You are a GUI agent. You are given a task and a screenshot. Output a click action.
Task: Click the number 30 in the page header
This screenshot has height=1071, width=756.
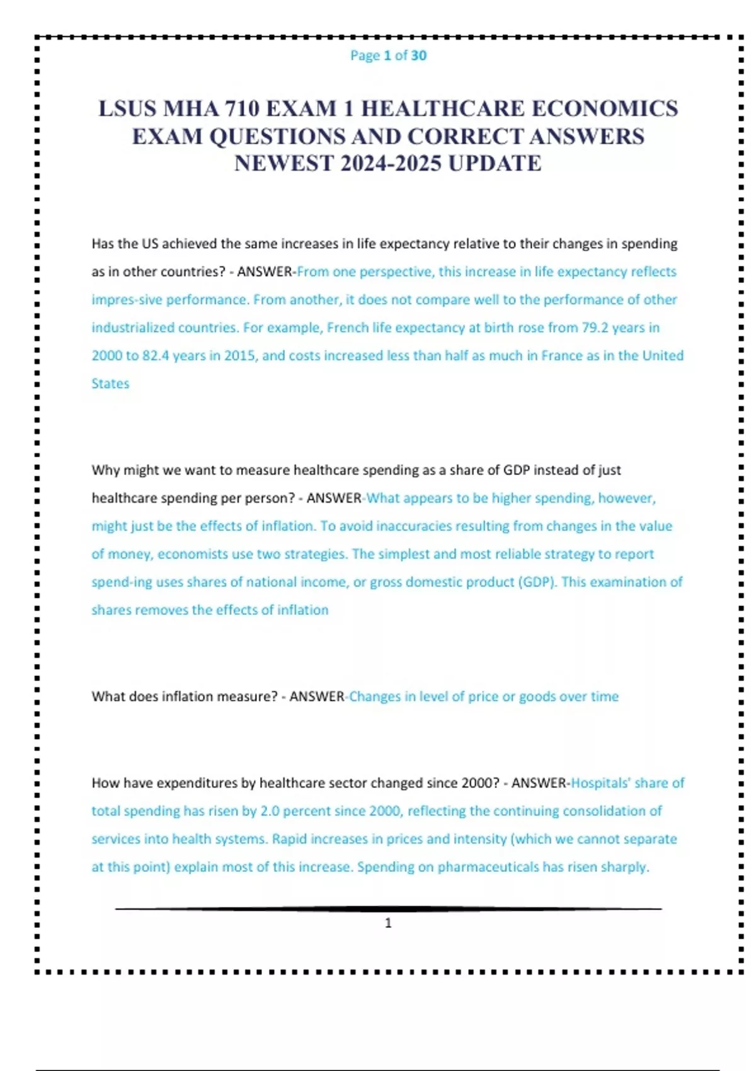[x=418, y=55]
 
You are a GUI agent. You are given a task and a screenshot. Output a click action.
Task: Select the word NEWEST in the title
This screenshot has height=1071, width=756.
[x=284, y=164]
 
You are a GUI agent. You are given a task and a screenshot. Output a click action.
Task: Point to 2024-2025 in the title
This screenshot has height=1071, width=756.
[x=391, y=164]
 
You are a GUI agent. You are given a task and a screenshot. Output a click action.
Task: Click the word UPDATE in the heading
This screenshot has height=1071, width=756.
[x=495, y=164]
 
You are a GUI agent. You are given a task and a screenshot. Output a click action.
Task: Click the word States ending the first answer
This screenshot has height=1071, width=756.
[x=110, y=384]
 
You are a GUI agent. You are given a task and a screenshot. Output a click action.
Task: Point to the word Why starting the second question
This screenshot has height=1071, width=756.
[x=105, y=470]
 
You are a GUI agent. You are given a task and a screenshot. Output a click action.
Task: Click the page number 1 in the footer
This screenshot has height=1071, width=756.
[x=388, y=923]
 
